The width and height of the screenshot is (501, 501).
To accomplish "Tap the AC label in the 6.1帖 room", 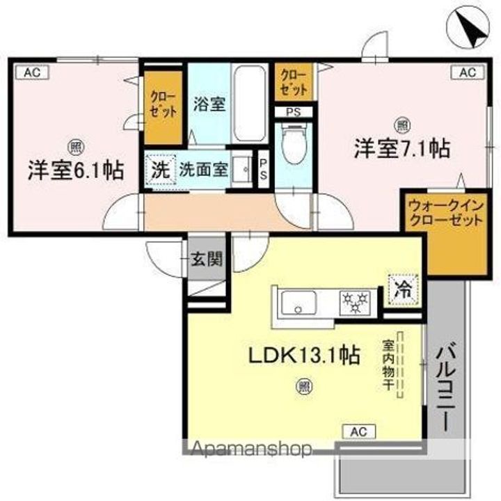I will [32, 72].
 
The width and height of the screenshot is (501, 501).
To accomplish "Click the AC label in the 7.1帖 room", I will [466, 72].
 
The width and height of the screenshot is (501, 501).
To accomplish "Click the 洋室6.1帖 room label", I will [76, 170].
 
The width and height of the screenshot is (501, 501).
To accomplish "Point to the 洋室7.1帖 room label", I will [402, 148].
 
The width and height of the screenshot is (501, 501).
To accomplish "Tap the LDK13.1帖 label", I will [305, 356].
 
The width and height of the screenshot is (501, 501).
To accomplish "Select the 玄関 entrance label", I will [207, 260].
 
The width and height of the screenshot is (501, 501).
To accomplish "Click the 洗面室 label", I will [203, 168].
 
